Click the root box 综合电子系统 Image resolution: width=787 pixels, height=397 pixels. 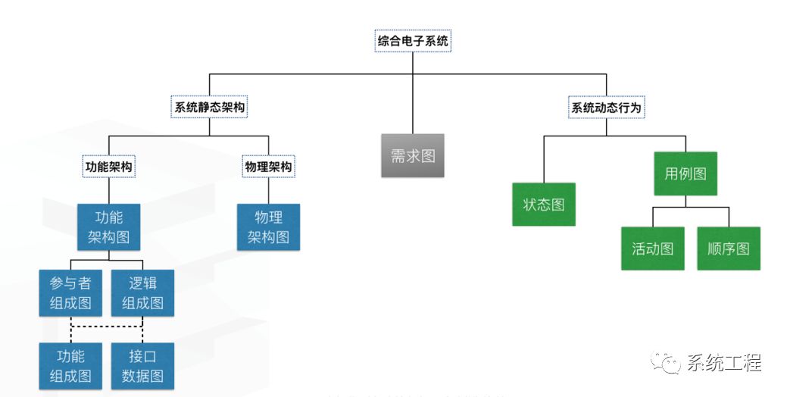(x=413, y=41)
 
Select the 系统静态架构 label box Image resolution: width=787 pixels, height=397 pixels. (x=209, y=108)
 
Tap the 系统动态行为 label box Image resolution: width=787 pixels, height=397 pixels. (x=606, y=108)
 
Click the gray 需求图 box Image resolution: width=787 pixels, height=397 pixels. (x=413, y=156)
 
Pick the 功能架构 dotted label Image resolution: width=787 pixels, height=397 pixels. (x=109, y=167)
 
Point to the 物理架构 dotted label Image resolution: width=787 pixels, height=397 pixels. (x=268, y=167)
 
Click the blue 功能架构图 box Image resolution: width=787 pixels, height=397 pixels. (x=109, y=227)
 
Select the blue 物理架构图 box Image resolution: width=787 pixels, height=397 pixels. (x=268, y=227)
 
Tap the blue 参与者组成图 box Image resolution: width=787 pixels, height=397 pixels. (x=70, y=292)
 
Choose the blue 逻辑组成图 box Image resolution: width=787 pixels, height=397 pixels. (x=142, y=292)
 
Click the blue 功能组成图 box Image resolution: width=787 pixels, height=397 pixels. (x=70, y=366)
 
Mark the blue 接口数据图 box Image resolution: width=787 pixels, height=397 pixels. (x=142, y=366)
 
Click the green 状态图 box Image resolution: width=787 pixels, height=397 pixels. (x=544, y=205)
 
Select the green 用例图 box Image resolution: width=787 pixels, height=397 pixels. (x=686, y=173)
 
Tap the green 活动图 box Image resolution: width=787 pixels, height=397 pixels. (x=653, y=249)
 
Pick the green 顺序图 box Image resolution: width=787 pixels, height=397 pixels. (x=729, y=249)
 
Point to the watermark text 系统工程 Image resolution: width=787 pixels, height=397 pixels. (x=724, y=364)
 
